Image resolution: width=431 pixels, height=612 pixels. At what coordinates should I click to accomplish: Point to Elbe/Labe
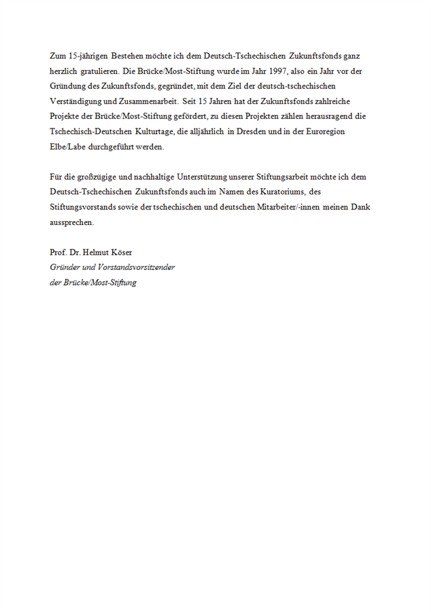pyautogui.click(x=68, y=146)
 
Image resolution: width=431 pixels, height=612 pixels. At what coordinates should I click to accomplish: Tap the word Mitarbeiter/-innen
pyautogui.click(x=286, y=207)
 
